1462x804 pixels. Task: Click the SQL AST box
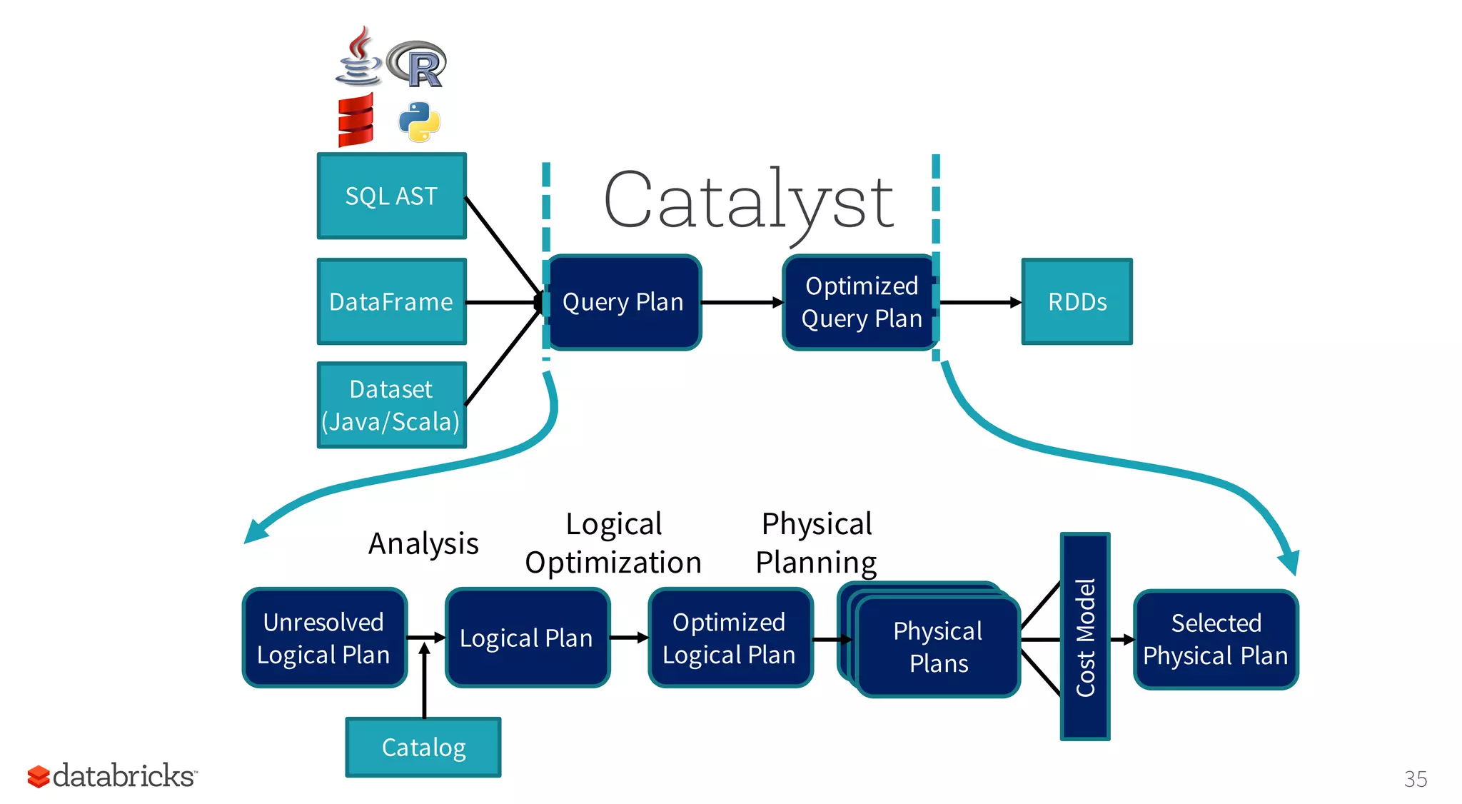coord(391,196)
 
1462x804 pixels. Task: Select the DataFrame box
coord(391,301)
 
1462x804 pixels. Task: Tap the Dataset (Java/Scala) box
coord(391,405)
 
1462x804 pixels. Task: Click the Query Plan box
coord(623,302)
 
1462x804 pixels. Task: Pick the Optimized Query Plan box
coord(860,302)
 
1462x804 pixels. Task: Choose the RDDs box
coord(1077,301)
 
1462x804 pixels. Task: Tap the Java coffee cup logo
coord(358,57)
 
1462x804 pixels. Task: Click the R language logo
coord(418,64)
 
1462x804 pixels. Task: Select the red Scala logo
coord(356,120)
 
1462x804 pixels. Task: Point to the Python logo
coord(419,121)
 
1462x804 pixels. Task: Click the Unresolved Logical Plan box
coord(324,638)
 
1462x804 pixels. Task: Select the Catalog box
coord(423,747)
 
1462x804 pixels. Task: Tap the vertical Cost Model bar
coord(1084,636)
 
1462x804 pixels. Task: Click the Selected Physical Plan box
coord(1215,639)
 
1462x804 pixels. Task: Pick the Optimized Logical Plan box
coord(730,638)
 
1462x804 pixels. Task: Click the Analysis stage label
coord(423,543)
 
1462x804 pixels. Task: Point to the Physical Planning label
coord(817,543)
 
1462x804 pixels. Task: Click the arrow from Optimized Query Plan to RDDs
coord(979,303)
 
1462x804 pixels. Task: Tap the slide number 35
coord(1415,778)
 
